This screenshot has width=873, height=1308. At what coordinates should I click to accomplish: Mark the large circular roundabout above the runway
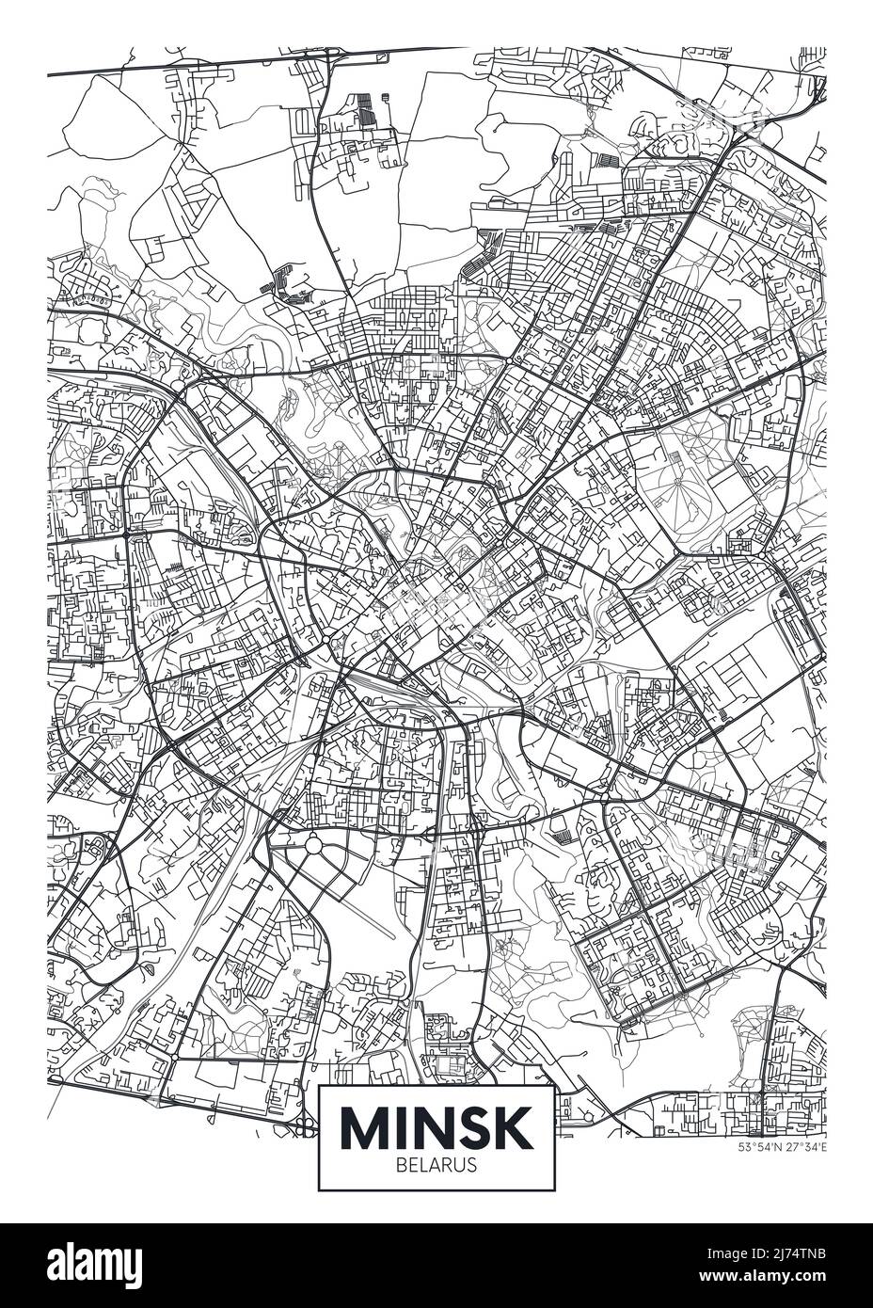pos(312,846)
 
